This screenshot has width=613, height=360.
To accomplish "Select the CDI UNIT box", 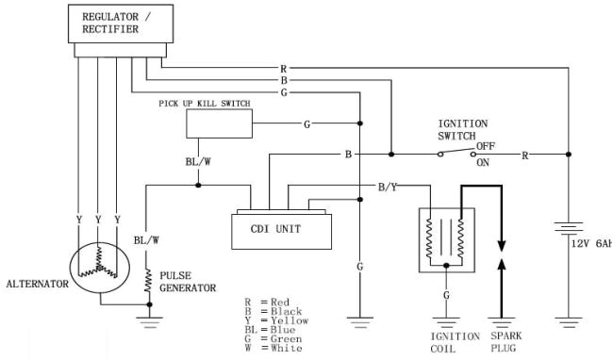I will pyautogui.click(x=282, y=229).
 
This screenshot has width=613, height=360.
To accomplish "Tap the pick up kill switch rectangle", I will pyautogui.click(x=218, y=123).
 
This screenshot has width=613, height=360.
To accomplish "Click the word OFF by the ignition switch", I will pyautogui.click(x=486, y=145).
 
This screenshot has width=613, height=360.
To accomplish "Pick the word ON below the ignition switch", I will pyautogui.click(x=484, y=162).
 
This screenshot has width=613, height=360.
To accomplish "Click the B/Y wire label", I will pyautogui.click(x=387, y=188).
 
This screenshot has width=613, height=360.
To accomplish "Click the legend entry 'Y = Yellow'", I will pyautogui.click(x=273, y=319).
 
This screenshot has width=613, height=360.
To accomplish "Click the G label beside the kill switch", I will pyautogui.click(x=306, y=123).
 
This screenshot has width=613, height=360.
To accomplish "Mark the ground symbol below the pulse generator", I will pyautogui.click(x=148, y=320).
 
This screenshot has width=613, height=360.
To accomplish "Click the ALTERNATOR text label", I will pyautogui.click(x=37, y=283).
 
